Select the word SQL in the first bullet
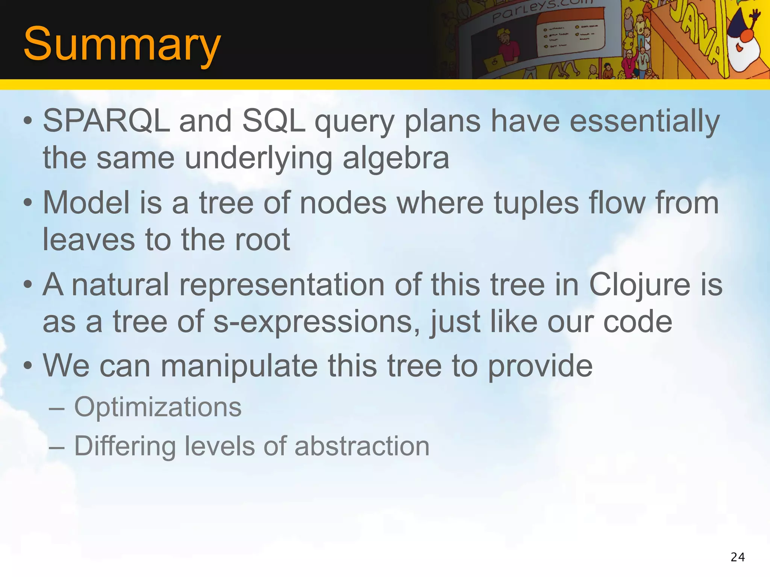(273, 121)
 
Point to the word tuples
(536, 203)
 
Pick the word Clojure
(640, 285)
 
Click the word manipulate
(239, 366)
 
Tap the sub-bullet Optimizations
(158, 407)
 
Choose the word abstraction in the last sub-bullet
(362, 446)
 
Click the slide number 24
(738, 557)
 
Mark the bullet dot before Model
(27, 203)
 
